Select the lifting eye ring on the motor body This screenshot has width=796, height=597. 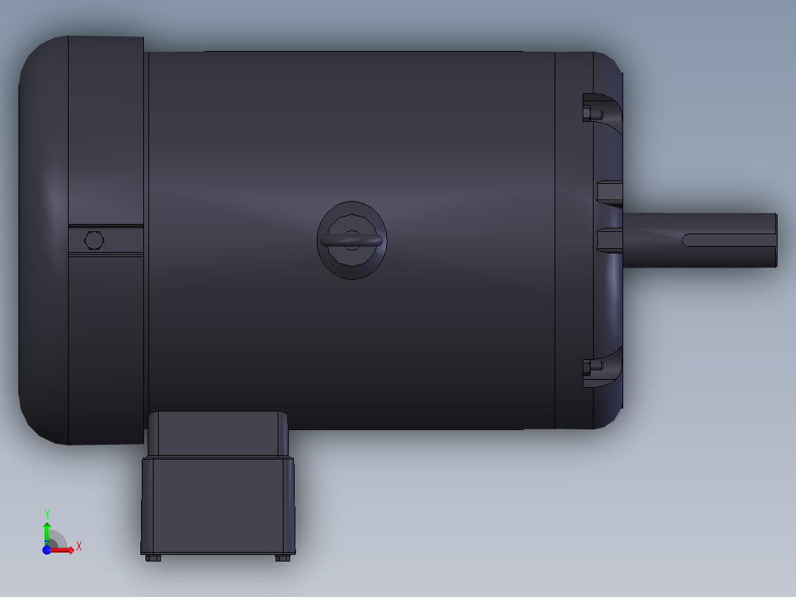352,240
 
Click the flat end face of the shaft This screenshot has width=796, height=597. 777,240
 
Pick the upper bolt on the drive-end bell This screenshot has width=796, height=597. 587,114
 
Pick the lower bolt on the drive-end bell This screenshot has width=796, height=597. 587,366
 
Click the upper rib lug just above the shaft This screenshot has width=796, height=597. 609,193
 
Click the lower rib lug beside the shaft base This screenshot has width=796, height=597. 609,240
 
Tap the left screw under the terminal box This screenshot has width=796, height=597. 153,558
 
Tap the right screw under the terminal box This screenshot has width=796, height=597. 282,558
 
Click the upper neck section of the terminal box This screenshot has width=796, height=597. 218,434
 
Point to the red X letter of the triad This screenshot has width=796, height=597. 79,546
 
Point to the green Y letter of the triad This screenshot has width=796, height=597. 47,513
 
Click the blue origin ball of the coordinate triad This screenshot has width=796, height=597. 47,550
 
